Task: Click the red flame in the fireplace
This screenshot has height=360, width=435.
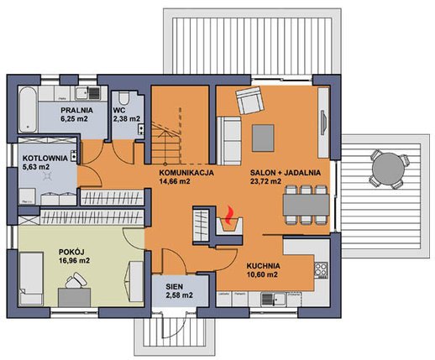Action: tap(229, 215)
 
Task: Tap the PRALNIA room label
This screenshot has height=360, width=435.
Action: tap(77, 110)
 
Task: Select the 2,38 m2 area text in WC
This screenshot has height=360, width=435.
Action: tap(127, 118)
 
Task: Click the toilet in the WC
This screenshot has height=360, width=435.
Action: tap(123, 98)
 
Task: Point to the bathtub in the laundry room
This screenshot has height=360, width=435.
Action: tap(28, 109)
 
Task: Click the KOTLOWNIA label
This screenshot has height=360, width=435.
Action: tap(45, 158)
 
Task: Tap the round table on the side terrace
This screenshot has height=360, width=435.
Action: tap(388, 168)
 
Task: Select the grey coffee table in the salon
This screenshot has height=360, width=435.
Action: tap(263, 138)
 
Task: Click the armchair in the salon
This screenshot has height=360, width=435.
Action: tap(250, 100)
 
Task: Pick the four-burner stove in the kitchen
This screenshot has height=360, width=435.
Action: tap(321, 270)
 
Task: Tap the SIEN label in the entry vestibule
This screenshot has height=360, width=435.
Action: tap(174, 287)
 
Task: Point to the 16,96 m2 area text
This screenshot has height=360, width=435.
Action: tap(74, 261)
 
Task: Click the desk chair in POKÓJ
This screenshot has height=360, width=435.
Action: tap(76, 280)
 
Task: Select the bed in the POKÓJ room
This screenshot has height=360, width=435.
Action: tap(31, 279)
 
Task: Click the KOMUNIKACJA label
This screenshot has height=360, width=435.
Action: tap(186, 173)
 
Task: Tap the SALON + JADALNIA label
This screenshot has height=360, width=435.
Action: tap(286, 173)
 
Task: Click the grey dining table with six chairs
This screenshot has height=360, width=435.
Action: tap(306, 205)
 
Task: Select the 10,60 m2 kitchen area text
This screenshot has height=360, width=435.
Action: tap(262, 274)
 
